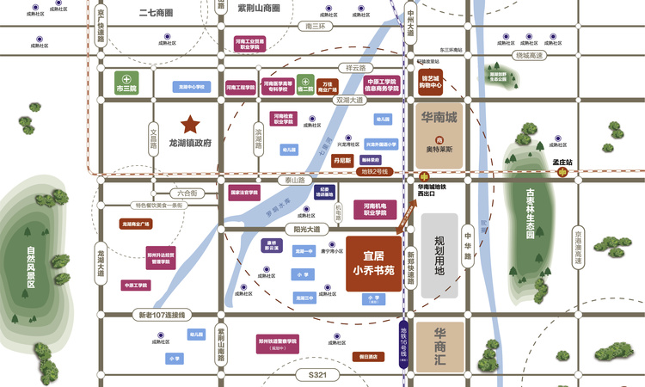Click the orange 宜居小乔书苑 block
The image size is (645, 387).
tap(373, 262)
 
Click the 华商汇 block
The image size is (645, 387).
tap(439, 347)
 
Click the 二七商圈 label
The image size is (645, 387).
tap(156, 14)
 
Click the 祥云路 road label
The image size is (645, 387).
tap(356, 67)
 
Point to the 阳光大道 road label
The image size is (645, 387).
tap(305, 230)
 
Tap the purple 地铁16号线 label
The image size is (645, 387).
tap(405, 343)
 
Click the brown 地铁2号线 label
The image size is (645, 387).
tap(374, 172)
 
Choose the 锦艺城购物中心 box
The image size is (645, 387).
tap(431, 82)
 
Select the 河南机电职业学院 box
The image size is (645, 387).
tap(374, 209)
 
